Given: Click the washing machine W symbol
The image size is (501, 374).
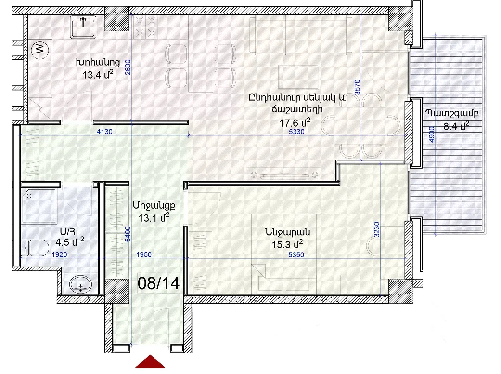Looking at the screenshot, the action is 40,50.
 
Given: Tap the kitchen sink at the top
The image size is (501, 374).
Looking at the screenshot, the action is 83,27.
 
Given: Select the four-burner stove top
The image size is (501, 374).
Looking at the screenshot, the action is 145,27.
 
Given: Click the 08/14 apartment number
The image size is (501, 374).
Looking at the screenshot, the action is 158,283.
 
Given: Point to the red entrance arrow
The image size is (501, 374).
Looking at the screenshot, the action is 150,362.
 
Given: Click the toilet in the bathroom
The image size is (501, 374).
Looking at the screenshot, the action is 35,248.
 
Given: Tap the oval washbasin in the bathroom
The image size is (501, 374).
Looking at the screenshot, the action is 80,284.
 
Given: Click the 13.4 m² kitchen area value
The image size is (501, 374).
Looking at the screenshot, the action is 98,75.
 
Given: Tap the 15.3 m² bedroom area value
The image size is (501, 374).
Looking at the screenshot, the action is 287,244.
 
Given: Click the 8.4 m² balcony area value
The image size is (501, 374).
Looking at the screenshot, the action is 456,126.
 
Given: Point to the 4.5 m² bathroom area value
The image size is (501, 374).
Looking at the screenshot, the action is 70,242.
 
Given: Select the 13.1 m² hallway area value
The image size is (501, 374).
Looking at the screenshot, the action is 154,218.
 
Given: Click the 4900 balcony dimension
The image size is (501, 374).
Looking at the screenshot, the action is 432,134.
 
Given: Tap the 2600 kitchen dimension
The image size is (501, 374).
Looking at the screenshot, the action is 128,67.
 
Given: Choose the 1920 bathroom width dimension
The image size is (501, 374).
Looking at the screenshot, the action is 59,254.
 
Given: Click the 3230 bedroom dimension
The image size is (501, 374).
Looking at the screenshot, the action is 377,230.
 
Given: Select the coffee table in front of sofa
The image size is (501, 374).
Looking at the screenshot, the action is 298,77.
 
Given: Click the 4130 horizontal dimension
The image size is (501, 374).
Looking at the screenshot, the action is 104,132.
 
